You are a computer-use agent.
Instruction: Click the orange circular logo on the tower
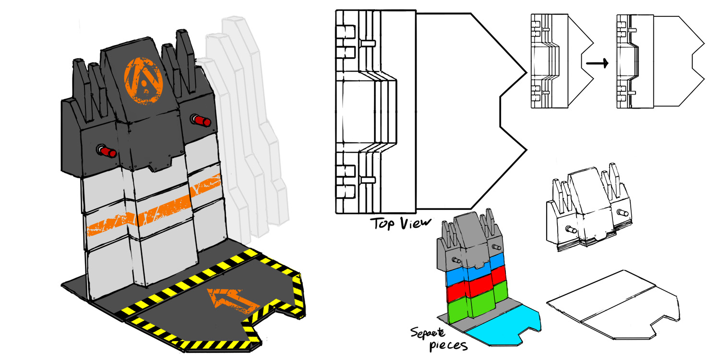pyautogui.click(x=144, y=80)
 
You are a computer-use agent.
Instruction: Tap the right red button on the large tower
pyautogui.click(x=202, y=120)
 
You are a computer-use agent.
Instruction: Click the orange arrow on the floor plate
pyautogui.click(x=231, y=298)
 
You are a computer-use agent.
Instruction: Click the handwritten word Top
pyautogui.click(x=382, y=224)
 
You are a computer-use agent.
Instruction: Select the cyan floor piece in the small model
pyautogui.click(x=504, y=326)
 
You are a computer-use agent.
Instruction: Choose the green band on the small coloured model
pyautogui.click(x=473, y=305)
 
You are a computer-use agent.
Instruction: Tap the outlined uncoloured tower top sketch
pyautogui.click(x=588, y=206)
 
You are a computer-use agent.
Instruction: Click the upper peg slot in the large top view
pyautogui.click(x=368, y=43)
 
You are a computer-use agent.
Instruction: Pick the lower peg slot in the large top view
pyautogui.click(x=368, y=180)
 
